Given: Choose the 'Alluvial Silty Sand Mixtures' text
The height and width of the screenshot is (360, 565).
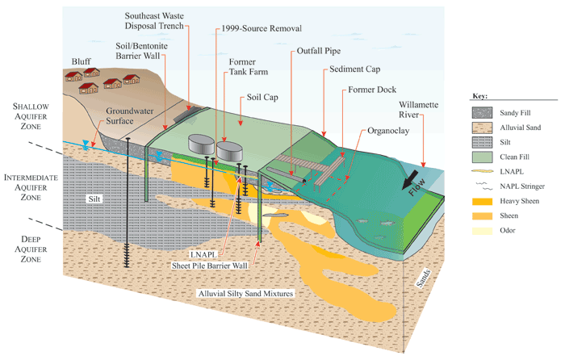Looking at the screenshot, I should pos(244,292).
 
